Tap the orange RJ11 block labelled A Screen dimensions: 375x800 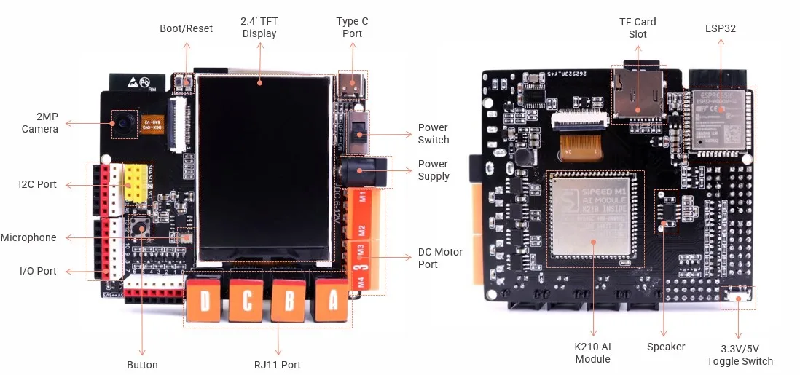(x=334, y=299)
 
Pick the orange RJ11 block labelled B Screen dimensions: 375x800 (x=291, y=301)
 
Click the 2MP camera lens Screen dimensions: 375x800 (x=123, y=123)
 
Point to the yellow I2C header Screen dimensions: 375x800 (x=135, y=183)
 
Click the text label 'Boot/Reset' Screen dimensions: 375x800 (x=187, y=28)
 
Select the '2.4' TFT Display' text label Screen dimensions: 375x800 (x=259, y=28)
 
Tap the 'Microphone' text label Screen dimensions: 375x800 (x=28, y=237)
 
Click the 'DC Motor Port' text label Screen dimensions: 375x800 (x=440, y=258)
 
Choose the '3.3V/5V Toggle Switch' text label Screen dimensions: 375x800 (x=740, y=355)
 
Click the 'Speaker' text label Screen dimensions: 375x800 (x=666, y=347)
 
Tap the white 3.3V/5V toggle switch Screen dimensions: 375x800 (x=739, y=296)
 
